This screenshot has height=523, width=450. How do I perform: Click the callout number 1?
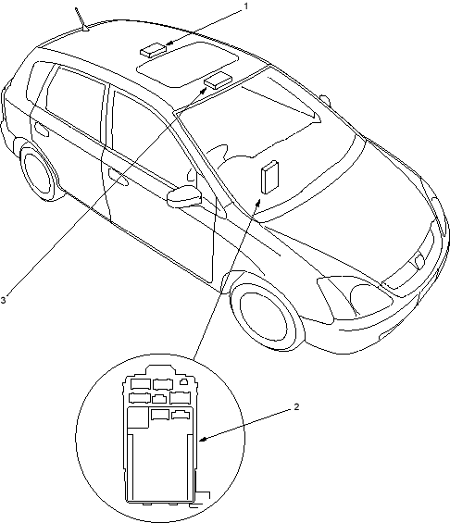(246, 6)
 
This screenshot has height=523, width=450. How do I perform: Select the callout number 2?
(296, 407)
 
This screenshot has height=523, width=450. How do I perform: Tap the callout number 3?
(3, 300)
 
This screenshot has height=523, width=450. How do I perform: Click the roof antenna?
(81, 19)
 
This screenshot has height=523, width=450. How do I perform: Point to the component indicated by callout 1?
(153, 49)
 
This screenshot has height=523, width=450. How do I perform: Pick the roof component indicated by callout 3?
(218, 80)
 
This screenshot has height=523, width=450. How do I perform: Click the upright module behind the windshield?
(269, 177)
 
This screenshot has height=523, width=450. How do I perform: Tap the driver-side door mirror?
(185, 197)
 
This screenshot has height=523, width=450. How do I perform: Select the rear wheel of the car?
(38, 171)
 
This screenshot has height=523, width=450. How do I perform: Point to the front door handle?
(118, 177)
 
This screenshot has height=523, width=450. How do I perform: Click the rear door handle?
(42, 129)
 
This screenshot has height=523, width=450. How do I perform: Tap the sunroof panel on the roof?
(187, 65)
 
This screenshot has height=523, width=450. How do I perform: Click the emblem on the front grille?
(419, 261)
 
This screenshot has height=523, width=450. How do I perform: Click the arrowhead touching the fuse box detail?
(203, 440)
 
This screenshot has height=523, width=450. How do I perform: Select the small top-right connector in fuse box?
(184, 381)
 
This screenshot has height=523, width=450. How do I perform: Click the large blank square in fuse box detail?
(139, 417)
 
